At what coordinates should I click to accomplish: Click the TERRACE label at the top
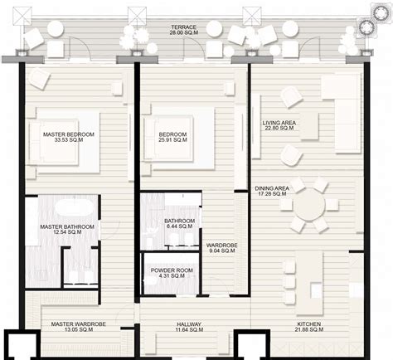(x=184, y=27)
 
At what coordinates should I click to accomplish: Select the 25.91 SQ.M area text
(x=173, y=142)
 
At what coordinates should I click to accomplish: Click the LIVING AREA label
(x=279, y=122)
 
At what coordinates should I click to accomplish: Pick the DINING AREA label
(x=272, y=188)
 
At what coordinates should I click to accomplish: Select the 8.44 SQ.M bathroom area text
(x=179, y=226)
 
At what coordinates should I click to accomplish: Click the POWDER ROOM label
(x=172, y=270)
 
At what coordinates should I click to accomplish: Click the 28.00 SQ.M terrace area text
(x=184, y=34)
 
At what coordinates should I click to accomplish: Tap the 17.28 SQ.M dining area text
(x=272, y=196)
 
